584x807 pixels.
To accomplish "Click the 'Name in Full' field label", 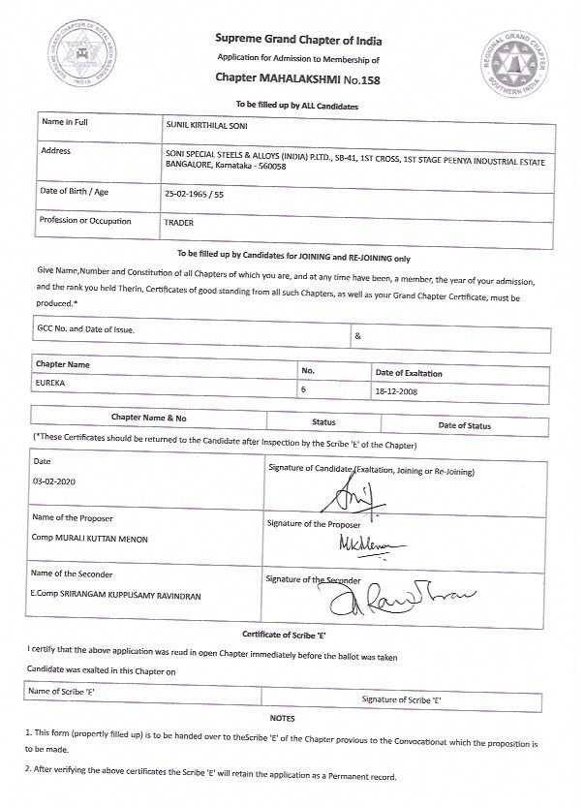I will (x=66, y=123).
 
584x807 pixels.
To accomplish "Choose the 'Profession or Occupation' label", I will (x=85, y=221).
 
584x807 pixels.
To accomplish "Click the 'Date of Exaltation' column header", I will (x=408, y=372).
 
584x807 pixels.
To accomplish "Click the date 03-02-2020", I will (x=53, y=481).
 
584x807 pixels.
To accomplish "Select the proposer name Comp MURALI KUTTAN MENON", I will (x=90, y=539).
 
